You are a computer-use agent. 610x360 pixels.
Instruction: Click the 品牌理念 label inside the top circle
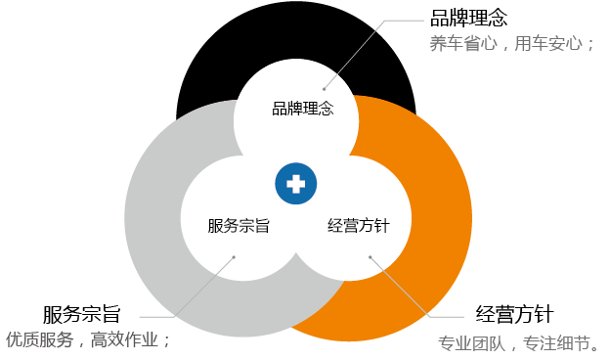[x=303, y=109]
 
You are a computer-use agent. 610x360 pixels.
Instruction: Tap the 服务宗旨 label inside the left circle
[x=239, y=226]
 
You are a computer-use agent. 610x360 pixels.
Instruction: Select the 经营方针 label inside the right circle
[x=358, y=226]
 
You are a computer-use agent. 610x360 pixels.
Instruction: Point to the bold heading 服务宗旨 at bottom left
[x=81, y=314]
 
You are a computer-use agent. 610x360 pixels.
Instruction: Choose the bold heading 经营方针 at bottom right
[x=515, y=314]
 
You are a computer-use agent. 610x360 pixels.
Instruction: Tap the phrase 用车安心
[x=552, y=44]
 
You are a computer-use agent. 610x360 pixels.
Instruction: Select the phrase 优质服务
[x=39, y=340]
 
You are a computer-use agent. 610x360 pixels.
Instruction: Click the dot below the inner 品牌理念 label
[x=324, y=89]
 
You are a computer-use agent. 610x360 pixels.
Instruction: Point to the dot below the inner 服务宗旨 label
[x=234, y=257]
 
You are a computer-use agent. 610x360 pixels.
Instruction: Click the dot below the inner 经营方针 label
[x=370, y=257]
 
